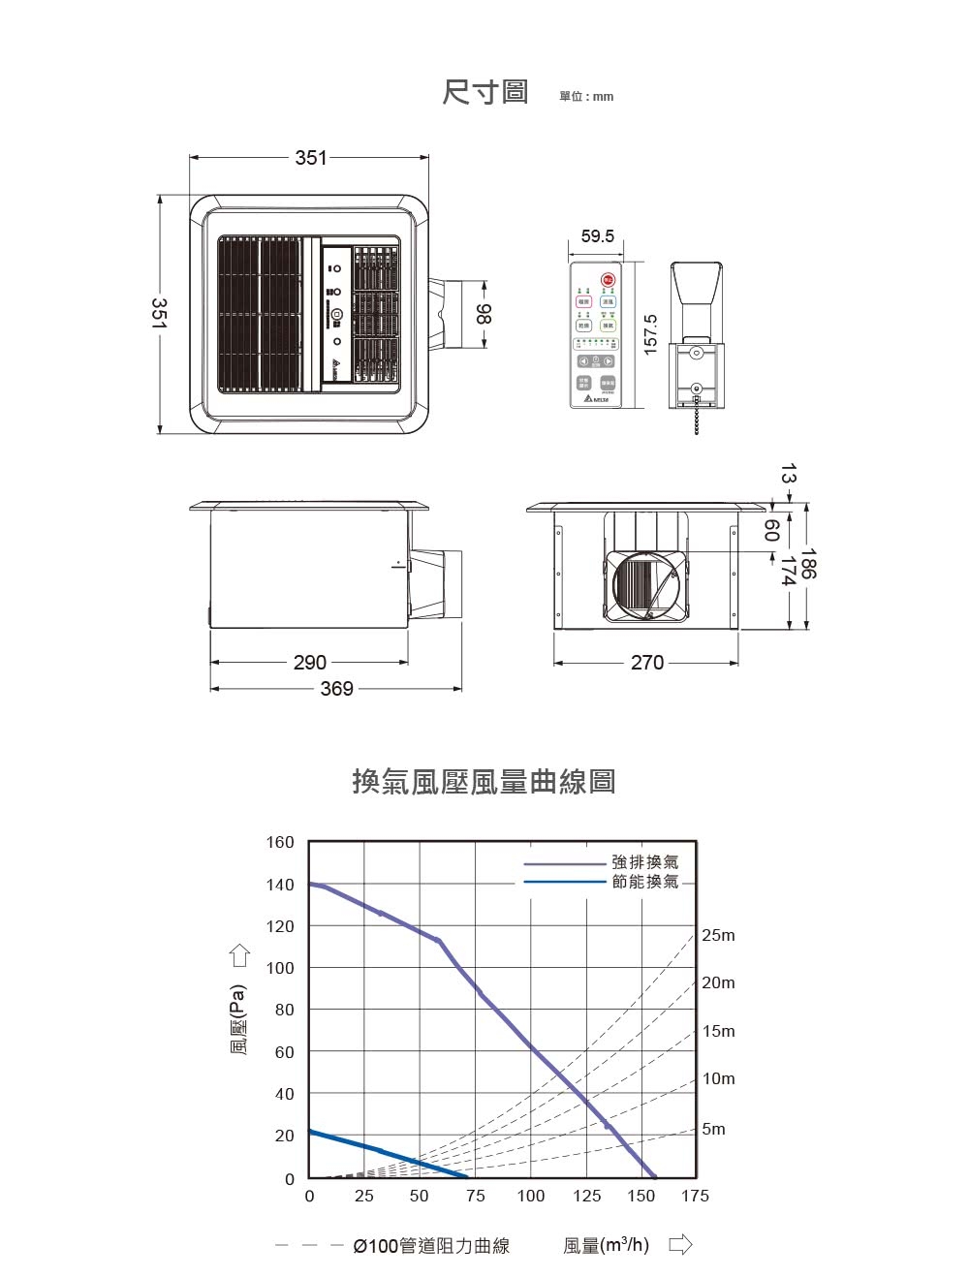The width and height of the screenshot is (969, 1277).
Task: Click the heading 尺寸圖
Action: [x=485, y=93]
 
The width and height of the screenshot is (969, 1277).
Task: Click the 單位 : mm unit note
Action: [x=586, y=97]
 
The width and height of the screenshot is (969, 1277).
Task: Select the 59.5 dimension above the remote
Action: [x=597, y=236]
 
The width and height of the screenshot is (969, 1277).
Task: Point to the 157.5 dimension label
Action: [x=651, y=333]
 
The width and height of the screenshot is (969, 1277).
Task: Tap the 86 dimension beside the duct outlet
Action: [x=484, y=313]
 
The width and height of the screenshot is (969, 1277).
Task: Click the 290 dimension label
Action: [x=310, y=663]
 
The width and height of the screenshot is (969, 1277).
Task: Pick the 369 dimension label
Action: [x=336, y=689]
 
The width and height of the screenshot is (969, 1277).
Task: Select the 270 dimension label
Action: [x=647, y=663]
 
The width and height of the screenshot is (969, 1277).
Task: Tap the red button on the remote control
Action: [x=608, y=280]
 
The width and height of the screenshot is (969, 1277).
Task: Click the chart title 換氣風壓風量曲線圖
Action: [x=484, y=781]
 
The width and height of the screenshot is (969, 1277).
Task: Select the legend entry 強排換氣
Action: [x=645, y=861]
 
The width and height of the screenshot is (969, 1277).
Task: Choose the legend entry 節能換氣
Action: [x=645, y=882]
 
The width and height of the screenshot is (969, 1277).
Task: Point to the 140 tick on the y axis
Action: [x=280, y=885]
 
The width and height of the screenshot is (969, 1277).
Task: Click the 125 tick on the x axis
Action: [x=586, y=1197]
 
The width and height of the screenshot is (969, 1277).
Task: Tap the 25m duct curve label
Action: [x=718, y=936]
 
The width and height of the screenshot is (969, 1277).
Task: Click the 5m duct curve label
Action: [x=713, y=1130]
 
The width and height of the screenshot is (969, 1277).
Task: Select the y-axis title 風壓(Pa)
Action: [x=238, y=1019]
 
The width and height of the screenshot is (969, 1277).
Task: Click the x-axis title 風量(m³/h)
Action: [x=607, y=1245]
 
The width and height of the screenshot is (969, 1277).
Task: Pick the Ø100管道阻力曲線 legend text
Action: [x=431, y=1246]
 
